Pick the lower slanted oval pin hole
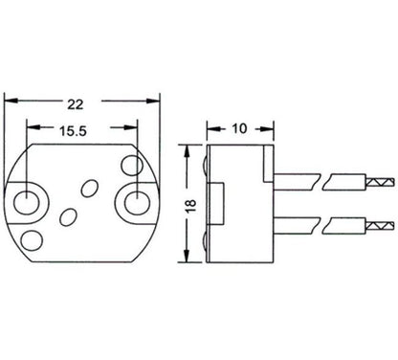coord(68,215)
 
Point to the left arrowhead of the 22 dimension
coord(11,96)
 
